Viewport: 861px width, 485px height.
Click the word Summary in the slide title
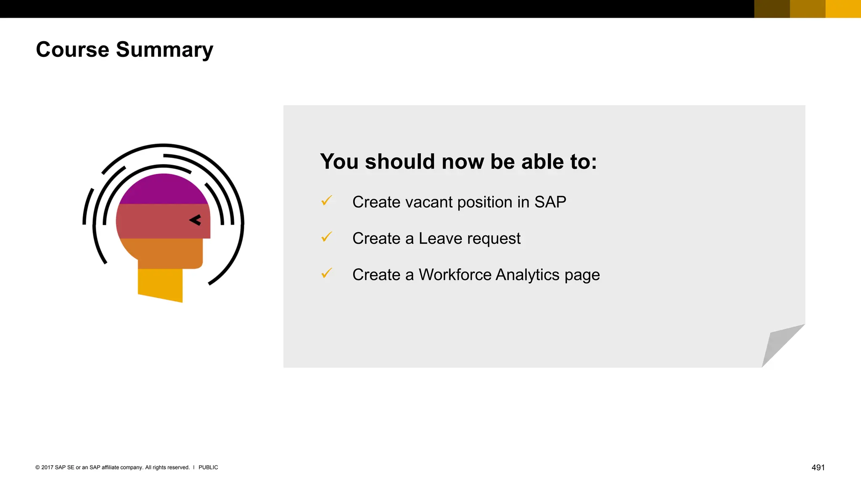[x=164, y=50]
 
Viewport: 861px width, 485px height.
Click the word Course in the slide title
[x=73, y=50]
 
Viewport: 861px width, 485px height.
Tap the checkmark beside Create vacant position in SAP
[x=327, y=201]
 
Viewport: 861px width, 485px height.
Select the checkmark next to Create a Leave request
[x=327, y=237]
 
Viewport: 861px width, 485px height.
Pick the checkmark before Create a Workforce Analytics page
[x=327, y=274]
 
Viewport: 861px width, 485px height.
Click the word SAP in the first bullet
[x=550, y=202]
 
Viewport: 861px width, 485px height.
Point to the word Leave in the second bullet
[x=440, y=239]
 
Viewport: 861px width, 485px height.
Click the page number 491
[x=818, y=468]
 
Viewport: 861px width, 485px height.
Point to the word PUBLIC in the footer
[x=208, y=467]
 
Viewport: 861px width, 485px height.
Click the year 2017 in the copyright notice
[x=47, y=467]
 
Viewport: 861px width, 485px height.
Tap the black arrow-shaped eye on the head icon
[x=195, y=220]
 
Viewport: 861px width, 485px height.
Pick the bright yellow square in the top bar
[x=843, y=9]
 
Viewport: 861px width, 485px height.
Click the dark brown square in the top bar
[x=772, y=9]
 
